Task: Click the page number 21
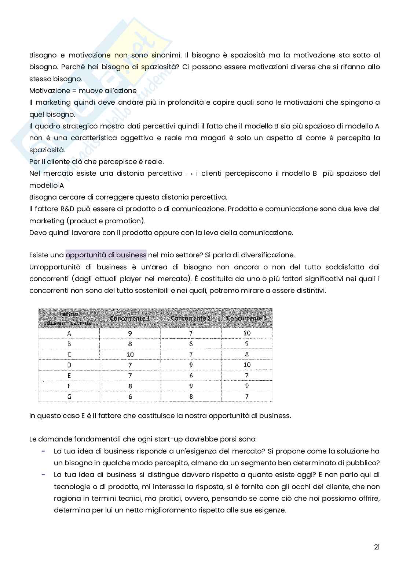click(x=377, y=547)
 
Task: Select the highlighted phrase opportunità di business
click(x=106, y=255)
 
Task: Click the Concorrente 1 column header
click(x=130, y=318)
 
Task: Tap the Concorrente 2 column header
click(x=191, y=318)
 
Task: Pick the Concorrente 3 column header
click(x=246, y=318)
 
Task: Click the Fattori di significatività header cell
click(x=69, y=318)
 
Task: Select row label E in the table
click(x=69, y=376)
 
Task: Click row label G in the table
click(x=69, y=397)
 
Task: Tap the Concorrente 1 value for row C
click(x=130, y=354)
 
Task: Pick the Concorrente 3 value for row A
click(x=247, y=333)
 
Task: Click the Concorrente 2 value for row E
click(x=191, y=376)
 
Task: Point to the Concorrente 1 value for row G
click(x=130, y=397)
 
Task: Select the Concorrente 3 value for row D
click(x=247, y=365)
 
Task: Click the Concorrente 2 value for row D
click(x=191, y=365)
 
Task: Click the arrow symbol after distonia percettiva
click(x=189, y=174)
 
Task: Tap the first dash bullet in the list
click(x=43, y=451)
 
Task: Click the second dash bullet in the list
click(x=43, y=474)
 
